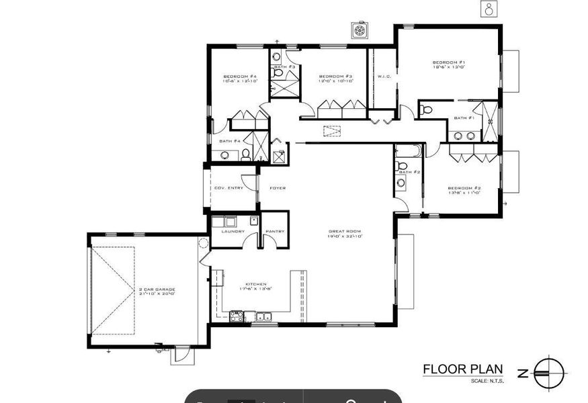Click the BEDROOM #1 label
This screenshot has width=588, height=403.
click(449, 62)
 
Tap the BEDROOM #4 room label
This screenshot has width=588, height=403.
click(241, 77)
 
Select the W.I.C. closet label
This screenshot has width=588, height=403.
click(384, 77)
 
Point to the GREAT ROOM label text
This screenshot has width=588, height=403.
click(343, 231)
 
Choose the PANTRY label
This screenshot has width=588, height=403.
click(275, 232)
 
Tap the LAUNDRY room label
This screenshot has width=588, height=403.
click(233, 232)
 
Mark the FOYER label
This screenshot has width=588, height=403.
click(278, 188)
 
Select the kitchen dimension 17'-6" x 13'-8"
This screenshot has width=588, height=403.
click(249, 289)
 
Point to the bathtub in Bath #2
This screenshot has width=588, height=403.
click(407, 150)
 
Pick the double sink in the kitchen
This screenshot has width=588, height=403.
click(263, 316)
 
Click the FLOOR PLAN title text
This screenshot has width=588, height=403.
click(462, 369)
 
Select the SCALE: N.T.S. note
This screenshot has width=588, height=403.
click(487, 382)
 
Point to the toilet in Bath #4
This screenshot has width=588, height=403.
click(245, 154)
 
